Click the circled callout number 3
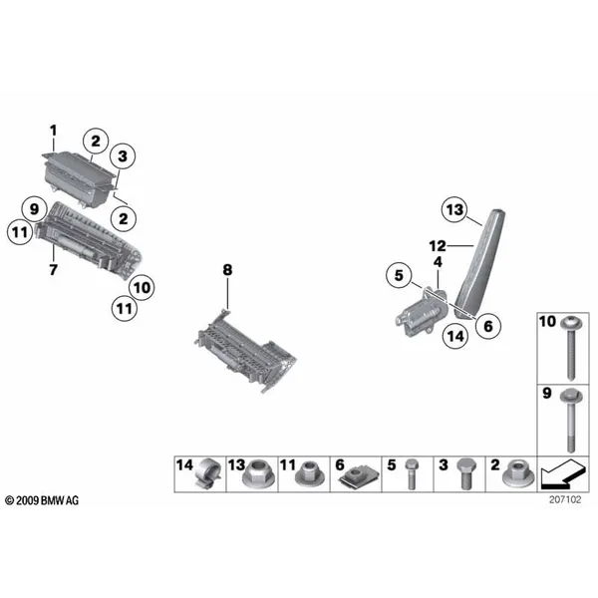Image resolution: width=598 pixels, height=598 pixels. click(123, 156)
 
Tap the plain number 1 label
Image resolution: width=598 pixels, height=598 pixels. click(54, 131)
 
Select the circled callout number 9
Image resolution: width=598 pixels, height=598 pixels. click(34, 209)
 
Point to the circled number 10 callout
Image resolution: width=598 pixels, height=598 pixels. click(142, 287)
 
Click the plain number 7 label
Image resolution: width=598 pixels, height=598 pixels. click(54, 270)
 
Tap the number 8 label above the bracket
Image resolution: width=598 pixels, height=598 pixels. click(227, 270)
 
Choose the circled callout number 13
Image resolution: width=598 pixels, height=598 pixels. click(454, 209)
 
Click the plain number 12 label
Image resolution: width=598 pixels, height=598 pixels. click(438, 246)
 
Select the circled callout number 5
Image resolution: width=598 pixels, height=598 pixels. click(399, 275)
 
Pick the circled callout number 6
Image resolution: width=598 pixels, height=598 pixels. click(488, 326)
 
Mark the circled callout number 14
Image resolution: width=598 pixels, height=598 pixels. click(455, 336)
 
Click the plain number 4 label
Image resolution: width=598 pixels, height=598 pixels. click(438, 262)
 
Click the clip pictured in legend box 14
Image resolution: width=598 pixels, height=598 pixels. click(208, 473)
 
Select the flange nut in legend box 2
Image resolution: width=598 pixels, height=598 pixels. click(518, 474)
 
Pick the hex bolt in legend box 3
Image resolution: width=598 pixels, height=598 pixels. click(466, 474)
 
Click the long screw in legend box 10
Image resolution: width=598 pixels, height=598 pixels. click(571, 348)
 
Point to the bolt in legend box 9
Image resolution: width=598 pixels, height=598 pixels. click(571, 420)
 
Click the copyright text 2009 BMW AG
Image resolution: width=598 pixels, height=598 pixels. click(42, 500)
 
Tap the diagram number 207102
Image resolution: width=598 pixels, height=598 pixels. click(565, 499)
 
